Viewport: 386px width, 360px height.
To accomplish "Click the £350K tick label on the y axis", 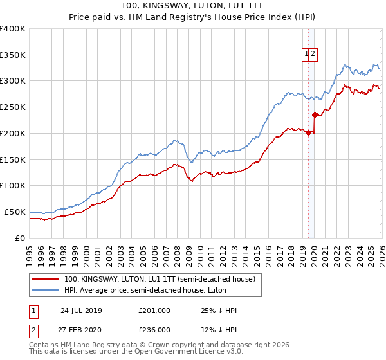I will [x=12, y=55].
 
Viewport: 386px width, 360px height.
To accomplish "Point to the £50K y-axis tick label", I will [x=15, y=212].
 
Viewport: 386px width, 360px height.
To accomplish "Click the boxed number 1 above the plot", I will [x=306, y=55].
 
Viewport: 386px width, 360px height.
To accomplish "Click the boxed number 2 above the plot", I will [x=313, y=55].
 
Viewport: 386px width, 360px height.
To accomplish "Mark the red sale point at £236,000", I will [x=315, y=115].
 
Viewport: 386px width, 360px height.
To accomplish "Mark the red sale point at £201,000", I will [x=308, y=133].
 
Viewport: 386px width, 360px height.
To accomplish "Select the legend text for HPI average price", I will [x=151, y=290].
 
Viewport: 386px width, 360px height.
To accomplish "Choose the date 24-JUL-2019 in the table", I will [x=81, y=310].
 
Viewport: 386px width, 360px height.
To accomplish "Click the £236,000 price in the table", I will [x=154, y=329].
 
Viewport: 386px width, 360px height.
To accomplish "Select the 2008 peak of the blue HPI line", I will [x=174, y=139].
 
